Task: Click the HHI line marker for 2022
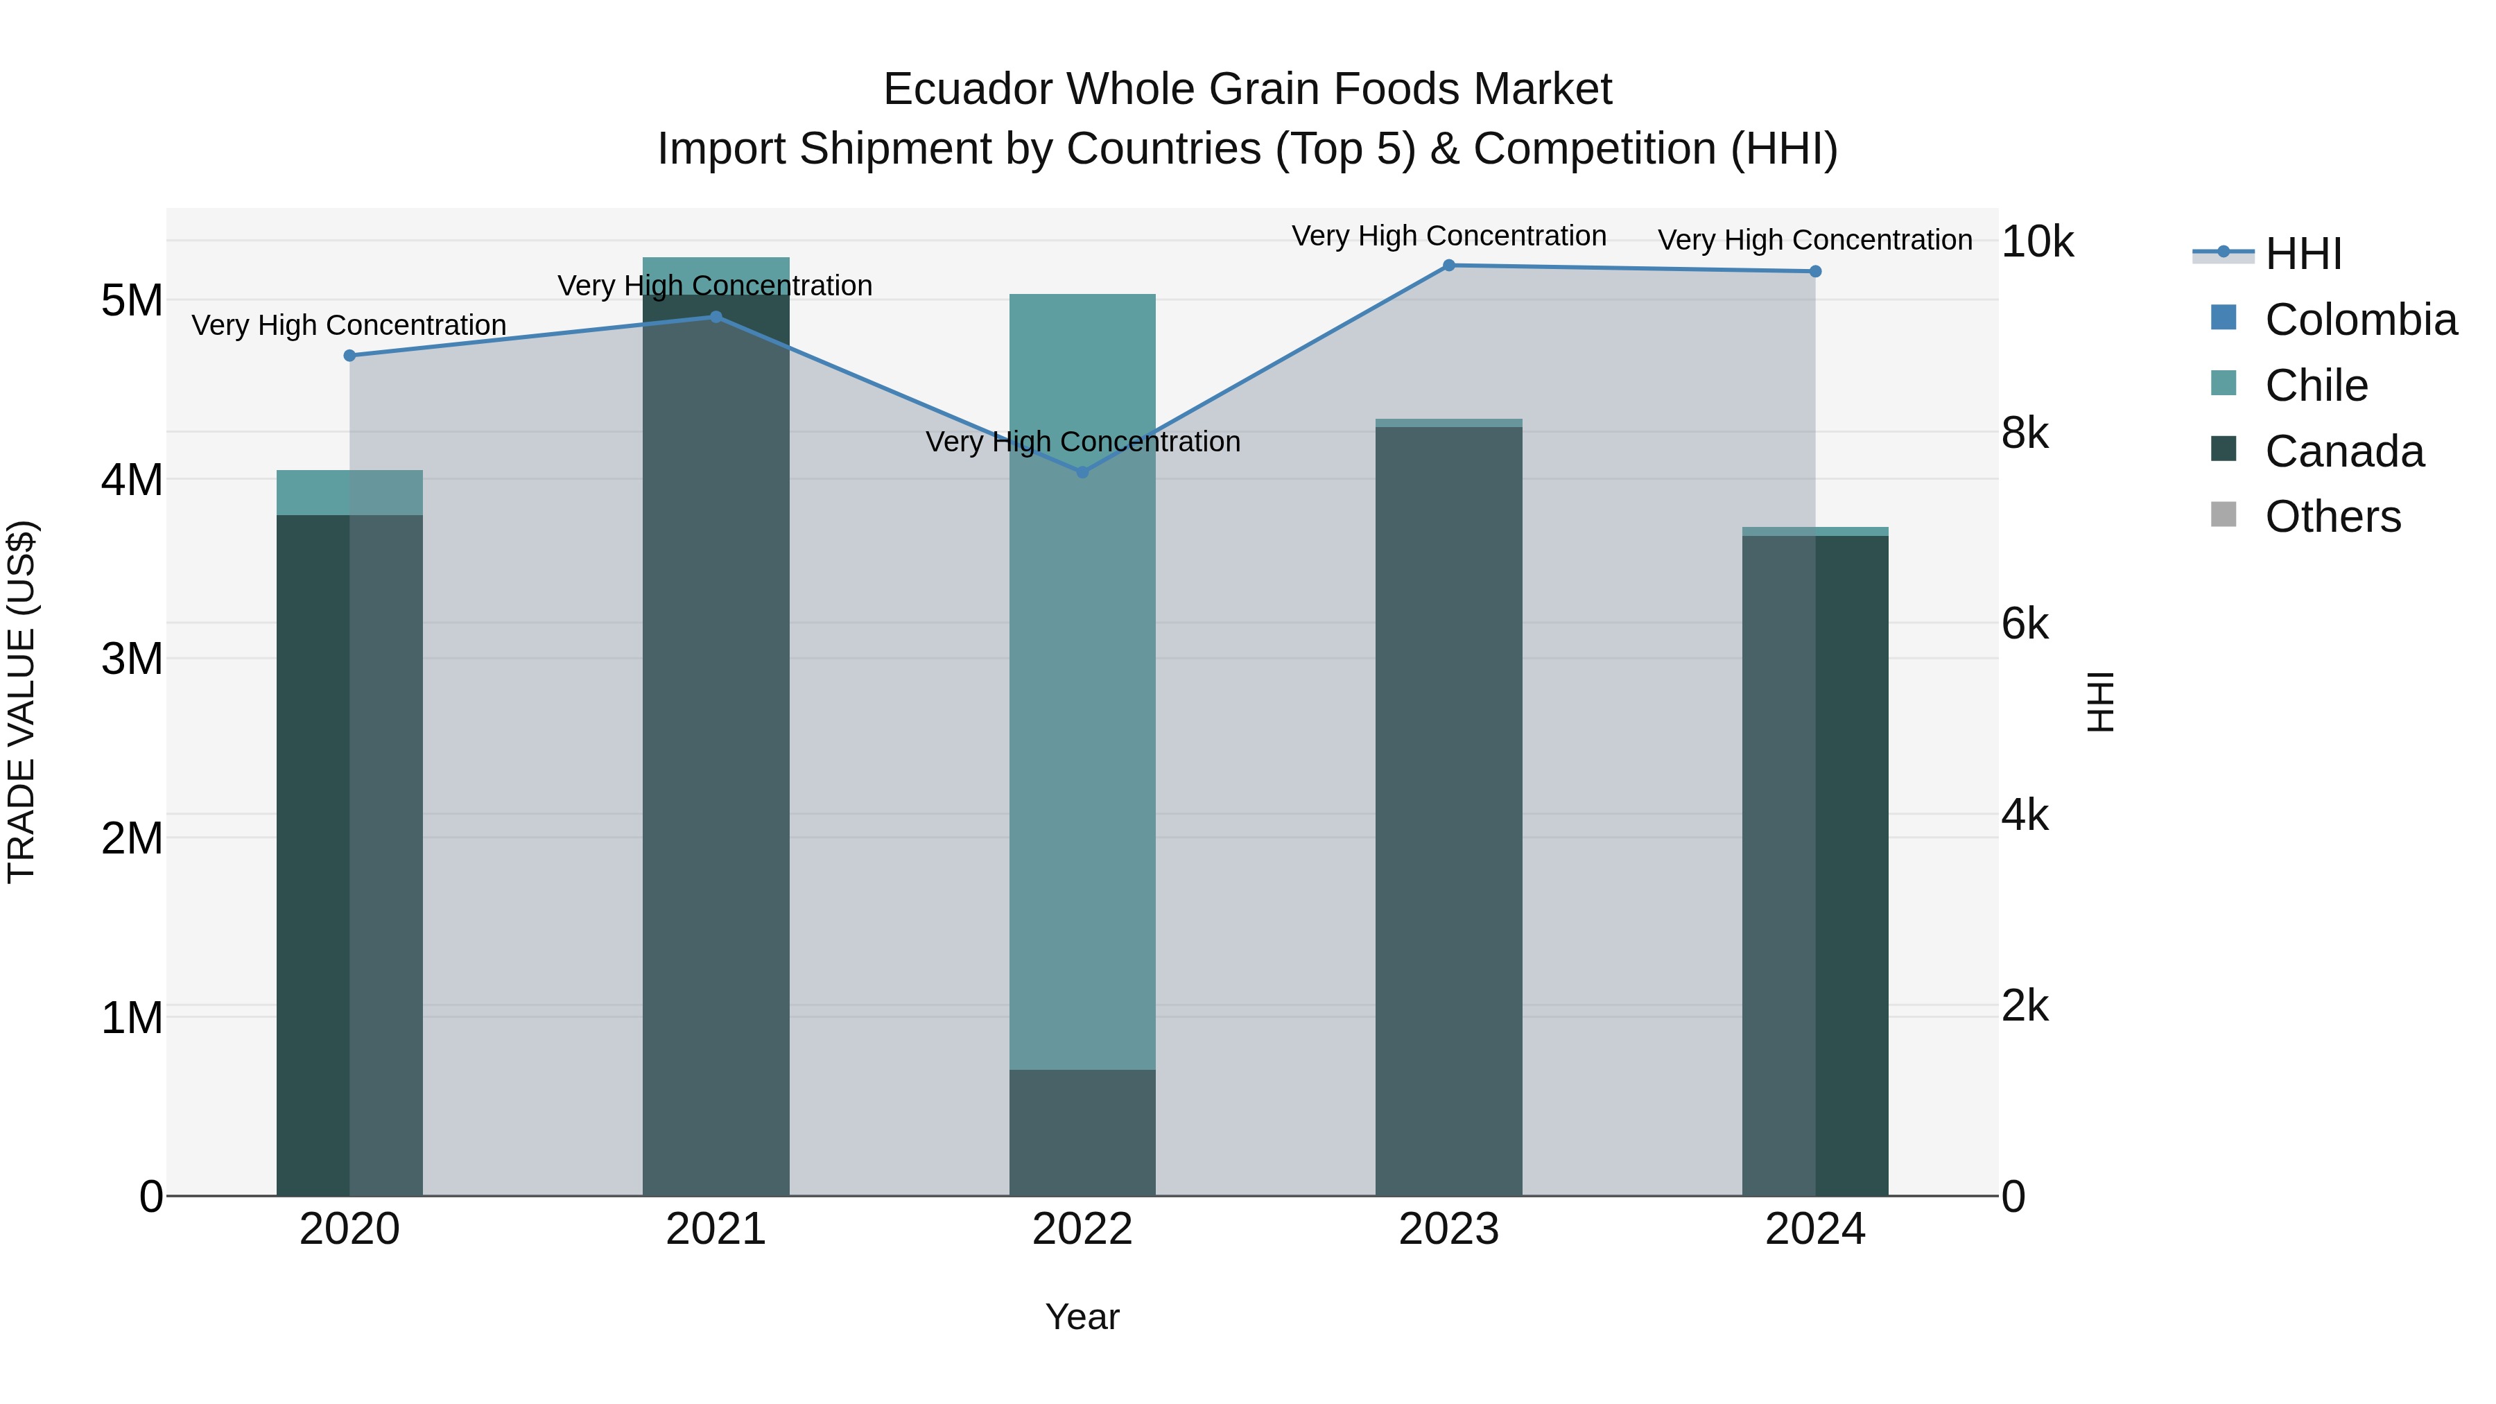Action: [1082, 472]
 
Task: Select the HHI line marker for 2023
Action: [1448, 266]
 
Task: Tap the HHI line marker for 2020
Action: [350, 356]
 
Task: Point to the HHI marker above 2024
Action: [1815, 271]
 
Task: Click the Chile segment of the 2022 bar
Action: [1082, 678]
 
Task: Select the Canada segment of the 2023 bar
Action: [1448, 814]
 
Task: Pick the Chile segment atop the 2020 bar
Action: [350, 492]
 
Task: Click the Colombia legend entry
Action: [2359, 320]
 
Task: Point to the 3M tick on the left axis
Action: [132, 659]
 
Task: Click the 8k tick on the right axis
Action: [2025, 433]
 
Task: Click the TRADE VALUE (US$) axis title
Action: [21, 702]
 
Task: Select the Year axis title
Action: [1082, 1317]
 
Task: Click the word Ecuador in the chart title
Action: [970, 89]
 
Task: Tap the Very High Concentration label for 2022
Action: [1082, 442]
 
